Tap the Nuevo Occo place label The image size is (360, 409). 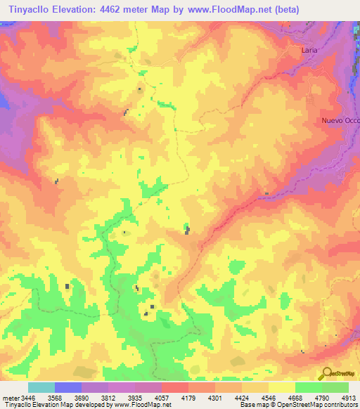tap(340, 120)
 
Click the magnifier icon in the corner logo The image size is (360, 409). tap(327, 373)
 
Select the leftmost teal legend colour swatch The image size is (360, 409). tap(41, 387)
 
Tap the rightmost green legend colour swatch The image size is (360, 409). tap(335, 387)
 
